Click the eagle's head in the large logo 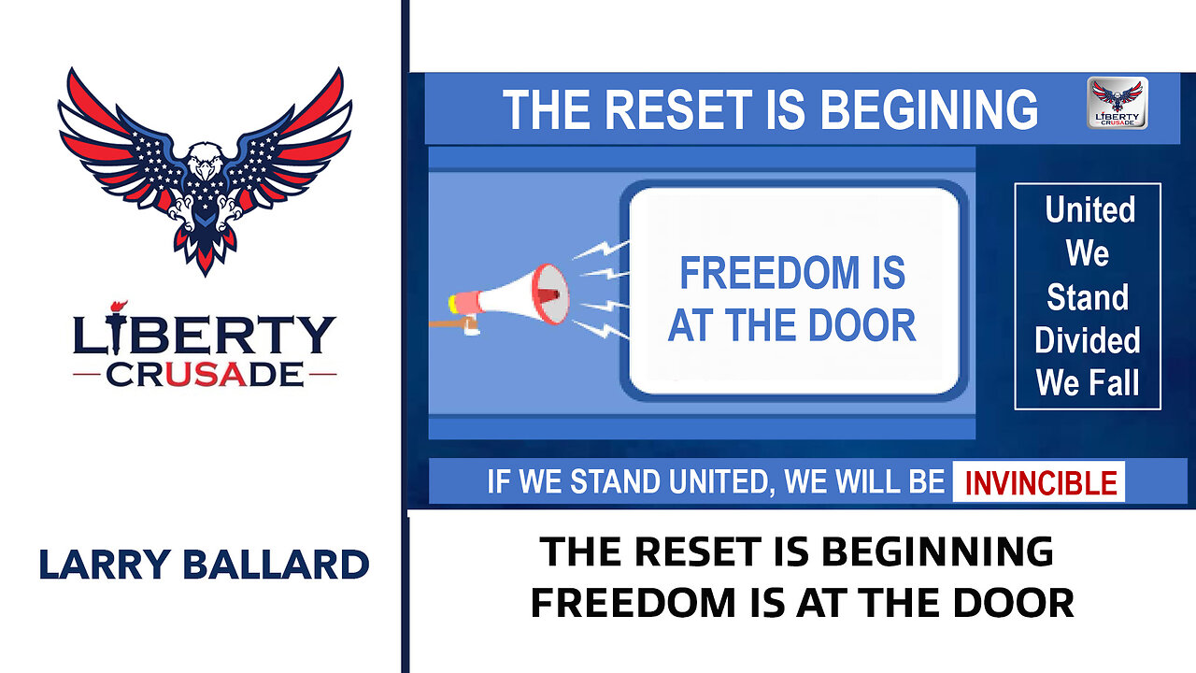(x=205, y=161)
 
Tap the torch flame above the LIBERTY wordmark (x=119, y=307)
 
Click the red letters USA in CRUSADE (x=206, y=375)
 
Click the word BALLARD (x=276, y=564)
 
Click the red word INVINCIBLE (x=1041, y=483)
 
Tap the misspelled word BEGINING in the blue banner (x=929, y=109)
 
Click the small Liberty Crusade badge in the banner (x=1117, y=103)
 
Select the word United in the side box (x=1089, y=209)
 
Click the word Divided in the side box (x=1087, y=339)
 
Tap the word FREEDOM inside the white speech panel (x=769, y=273)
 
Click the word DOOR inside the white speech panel (x=861, y=325)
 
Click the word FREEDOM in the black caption (x=634, y=603)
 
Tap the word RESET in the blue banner (x=678, y=109)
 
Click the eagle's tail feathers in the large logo (x=205, y=251)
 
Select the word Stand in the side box (x=1088, y=297)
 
